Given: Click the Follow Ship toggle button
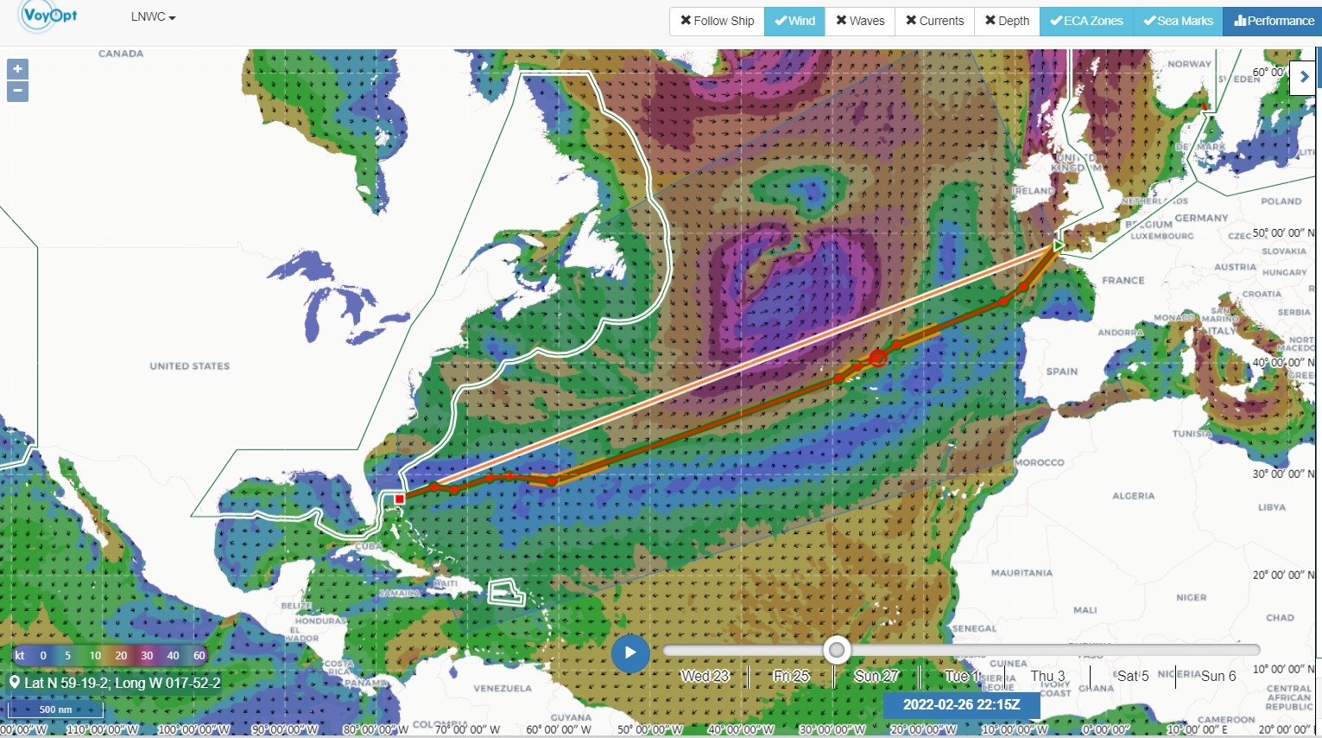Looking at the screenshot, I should pos(717,21).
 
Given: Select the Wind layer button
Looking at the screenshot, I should pos(794,21).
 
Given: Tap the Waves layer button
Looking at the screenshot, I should pos(860,21).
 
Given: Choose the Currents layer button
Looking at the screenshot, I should pos(934,21).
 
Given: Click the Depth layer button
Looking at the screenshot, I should pos(1007,21).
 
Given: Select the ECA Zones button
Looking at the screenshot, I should pos(1086,21).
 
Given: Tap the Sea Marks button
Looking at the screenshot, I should pos(1178,21).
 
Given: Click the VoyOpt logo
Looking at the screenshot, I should pos(48,16).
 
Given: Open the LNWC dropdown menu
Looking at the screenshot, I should pos(153,17).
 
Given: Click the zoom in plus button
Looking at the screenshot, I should pos(17,69).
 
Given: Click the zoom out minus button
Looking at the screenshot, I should pos(17,92).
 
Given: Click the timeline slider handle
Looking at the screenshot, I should pos(836,650).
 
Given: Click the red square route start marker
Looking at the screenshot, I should pos(399,499).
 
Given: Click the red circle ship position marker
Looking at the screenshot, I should pos(878,357).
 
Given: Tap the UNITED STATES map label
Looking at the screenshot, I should pos(190,366).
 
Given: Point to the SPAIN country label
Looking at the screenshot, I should pos(1062,372).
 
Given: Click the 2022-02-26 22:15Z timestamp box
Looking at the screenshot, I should pos(961,704).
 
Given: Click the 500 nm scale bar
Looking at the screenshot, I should pos(55,710).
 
